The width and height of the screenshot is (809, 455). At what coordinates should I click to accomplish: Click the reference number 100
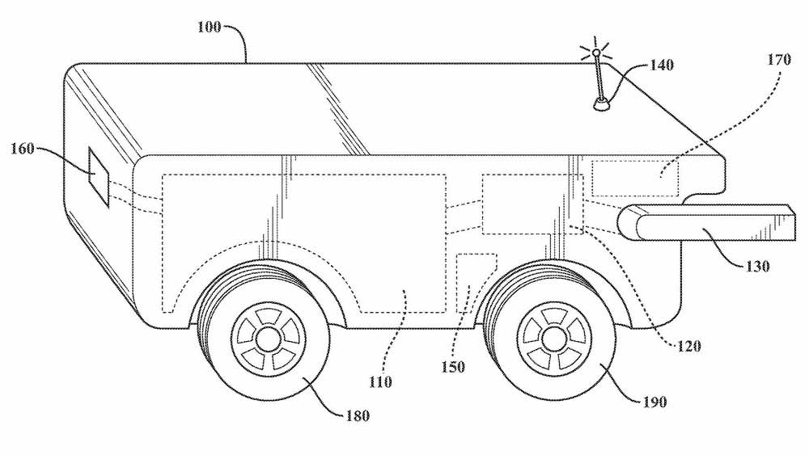(209, 27)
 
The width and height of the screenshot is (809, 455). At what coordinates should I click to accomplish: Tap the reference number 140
(662, 65)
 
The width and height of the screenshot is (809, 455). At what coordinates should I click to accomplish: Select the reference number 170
(778, 60)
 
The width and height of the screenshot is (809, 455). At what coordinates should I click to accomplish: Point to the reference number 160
(22, 149)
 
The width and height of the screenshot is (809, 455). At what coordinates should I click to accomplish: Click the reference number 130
(757, 267)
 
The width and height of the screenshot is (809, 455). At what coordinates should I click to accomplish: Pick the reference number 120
(688, 346)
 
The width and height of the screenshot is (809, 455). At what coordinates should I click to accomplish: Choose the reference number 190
(654, 402)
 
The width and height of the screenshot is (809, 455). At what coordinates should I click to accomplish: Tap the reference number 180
(358, 415)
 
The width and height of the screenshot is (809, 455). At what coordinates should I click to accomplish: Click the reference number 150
(453, 367)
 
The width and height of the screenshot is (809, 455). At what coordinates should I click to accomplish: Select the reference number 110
(380, 381)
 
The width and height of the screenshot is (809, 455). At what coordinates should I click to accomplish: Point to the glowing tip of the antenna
(596, 52)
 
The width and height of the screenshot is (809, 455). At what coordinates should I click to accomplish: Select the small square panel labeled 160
(99, 177)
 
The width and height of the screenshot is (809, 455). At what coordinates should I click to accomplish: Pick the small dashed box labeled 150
(477, 282)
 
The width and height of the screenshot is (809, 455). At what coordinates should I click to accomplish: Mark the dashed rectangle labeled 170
(635, 179)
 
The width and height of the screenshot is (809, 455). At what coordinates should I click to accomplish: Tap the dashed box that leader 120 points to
(533, 204)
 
